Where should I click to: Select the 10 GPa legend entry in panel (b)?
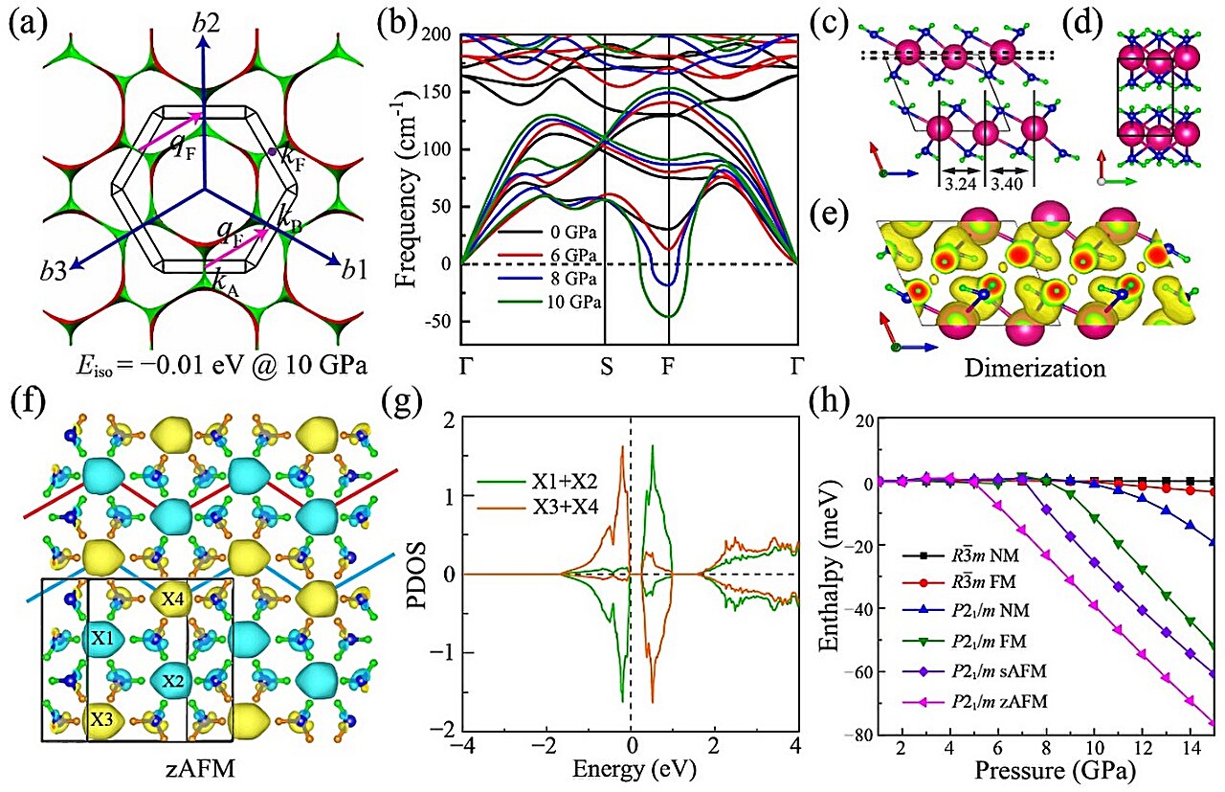click(x=572, y=302)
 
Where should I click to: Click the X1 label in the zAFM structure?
click(x=101, y=637)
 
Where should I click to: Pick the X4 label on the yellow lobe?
click(x=173, y=600)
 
